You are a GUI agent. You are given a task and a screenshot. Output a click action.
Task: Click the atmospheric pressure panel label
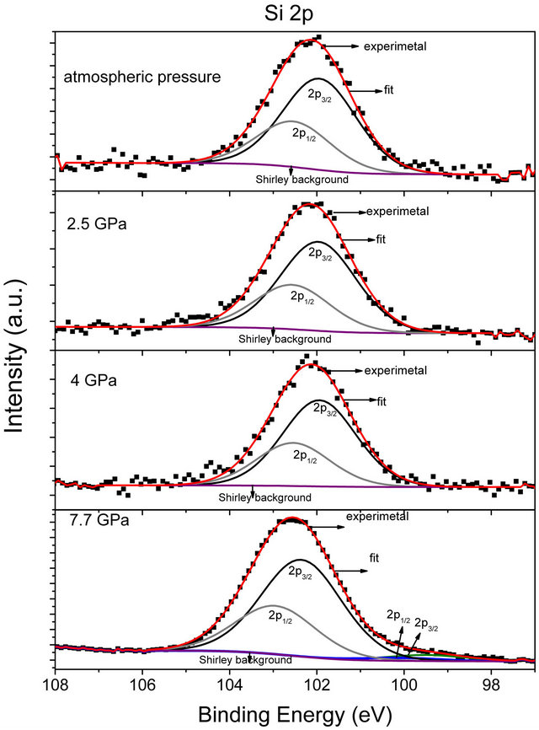click(x=142, y=77)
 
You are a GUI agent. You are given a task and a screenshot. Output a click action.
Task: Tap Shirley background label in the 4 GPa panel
click(x=265, y=497)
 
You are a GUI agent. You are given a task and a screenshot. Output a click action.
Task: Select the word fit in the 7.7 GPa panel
click(x=377, y=557)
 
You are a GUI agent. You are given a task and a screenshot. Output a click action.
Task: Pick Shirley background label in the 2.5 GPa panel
click(x=285, y=338)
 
